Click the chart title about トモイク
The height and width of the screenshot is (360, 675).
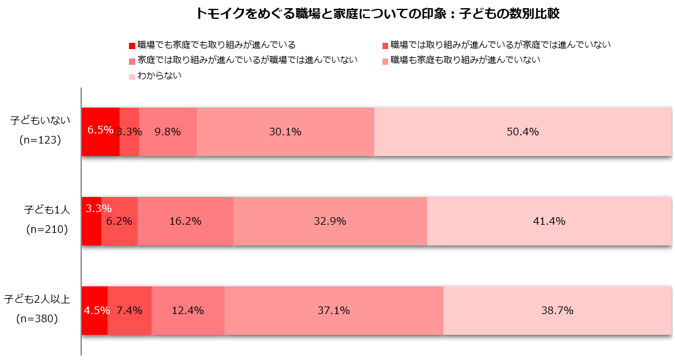(377, 13)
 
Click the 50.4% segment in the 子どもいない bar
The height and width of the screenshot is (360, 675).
(523, 132)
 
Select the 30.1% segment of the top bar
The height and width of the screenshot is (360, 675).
(286, 132)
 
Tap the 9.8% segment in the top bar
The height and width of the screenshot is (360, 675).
(168, 132)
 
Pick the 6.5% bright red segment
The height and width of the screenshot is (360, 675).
(100, 131)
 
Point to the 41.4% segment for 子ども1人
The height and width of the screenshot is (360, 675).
(549, 221)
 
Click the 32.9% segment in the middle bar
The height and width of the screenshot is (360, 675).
(330, 221)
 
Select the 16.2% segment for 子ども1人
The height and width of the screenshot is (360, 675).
(186, 221)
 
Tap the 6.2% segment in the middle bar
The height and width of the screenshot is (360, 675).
(120, 221)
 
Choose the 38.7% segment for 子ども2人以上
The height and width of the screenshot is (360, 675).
(557, 310)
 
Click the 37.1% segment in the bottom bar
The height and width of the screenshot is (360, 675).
(334, 310)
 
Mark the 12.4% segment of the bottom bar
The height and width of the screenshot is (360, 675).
(188, 310)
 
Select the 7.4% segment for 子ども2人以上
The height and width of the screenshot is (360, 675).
(130, 310)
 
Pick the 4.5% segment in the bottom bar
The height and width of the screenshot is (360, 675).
(94, 310)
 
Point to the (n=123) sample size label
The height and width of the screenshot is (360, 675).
(40, 140)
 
